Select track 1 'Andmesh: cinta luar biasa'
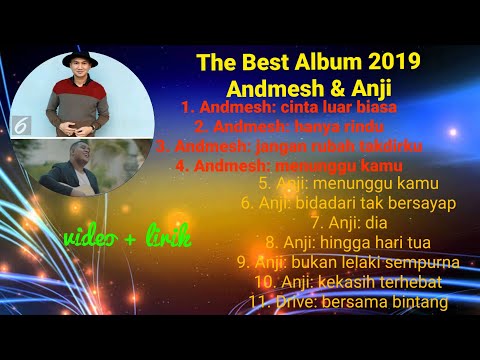tap(290, 106)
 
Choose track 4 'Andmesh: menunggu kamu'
tap(289, 165)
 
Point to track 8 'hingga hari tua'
tap(361, 241)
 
